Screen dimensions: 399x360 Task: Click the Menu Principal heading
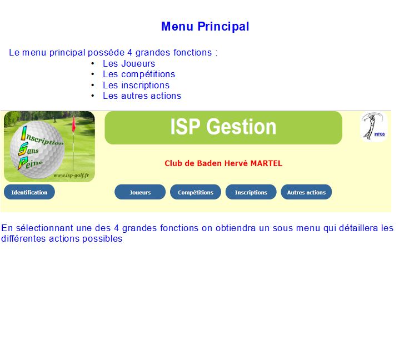[205, 27]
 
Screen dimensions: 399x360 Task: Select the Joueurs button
[140, 192]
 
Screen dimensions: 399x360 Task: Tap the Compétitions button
[196, 192]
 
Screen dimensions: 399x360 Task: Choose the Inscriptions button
[251, 192]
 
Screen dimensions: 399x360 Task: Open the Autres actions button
[306, 192]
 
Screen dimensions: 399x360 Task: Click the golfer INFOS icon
[374, 127]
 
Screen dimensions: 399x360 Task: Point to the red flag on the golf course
[74, 124]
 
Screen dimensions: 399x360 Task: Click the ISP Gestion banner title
[223, 127]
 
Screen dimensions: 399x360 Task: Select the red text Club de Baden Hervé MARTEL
[223, 163]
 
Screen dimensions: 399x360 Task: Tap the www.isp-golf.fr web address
[71, 176]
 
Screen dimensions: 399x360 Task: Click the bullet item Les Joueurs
[129, 63]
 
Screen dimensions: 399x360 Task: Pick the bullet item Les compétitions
[139, 74]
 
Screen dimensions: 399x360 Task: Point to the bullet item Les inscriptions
[136, 85]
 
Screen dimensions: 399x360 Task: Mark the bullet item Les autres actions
[142, 96]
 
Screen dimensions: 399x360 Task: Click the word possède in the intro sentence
[106, 53]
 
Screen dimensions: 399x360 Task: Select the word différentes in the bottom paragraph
[23, 239]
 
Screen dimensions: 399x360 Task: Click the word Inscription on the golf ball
[42, 136]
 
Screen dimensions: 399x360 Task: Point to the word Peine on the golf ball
[30, 163]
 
